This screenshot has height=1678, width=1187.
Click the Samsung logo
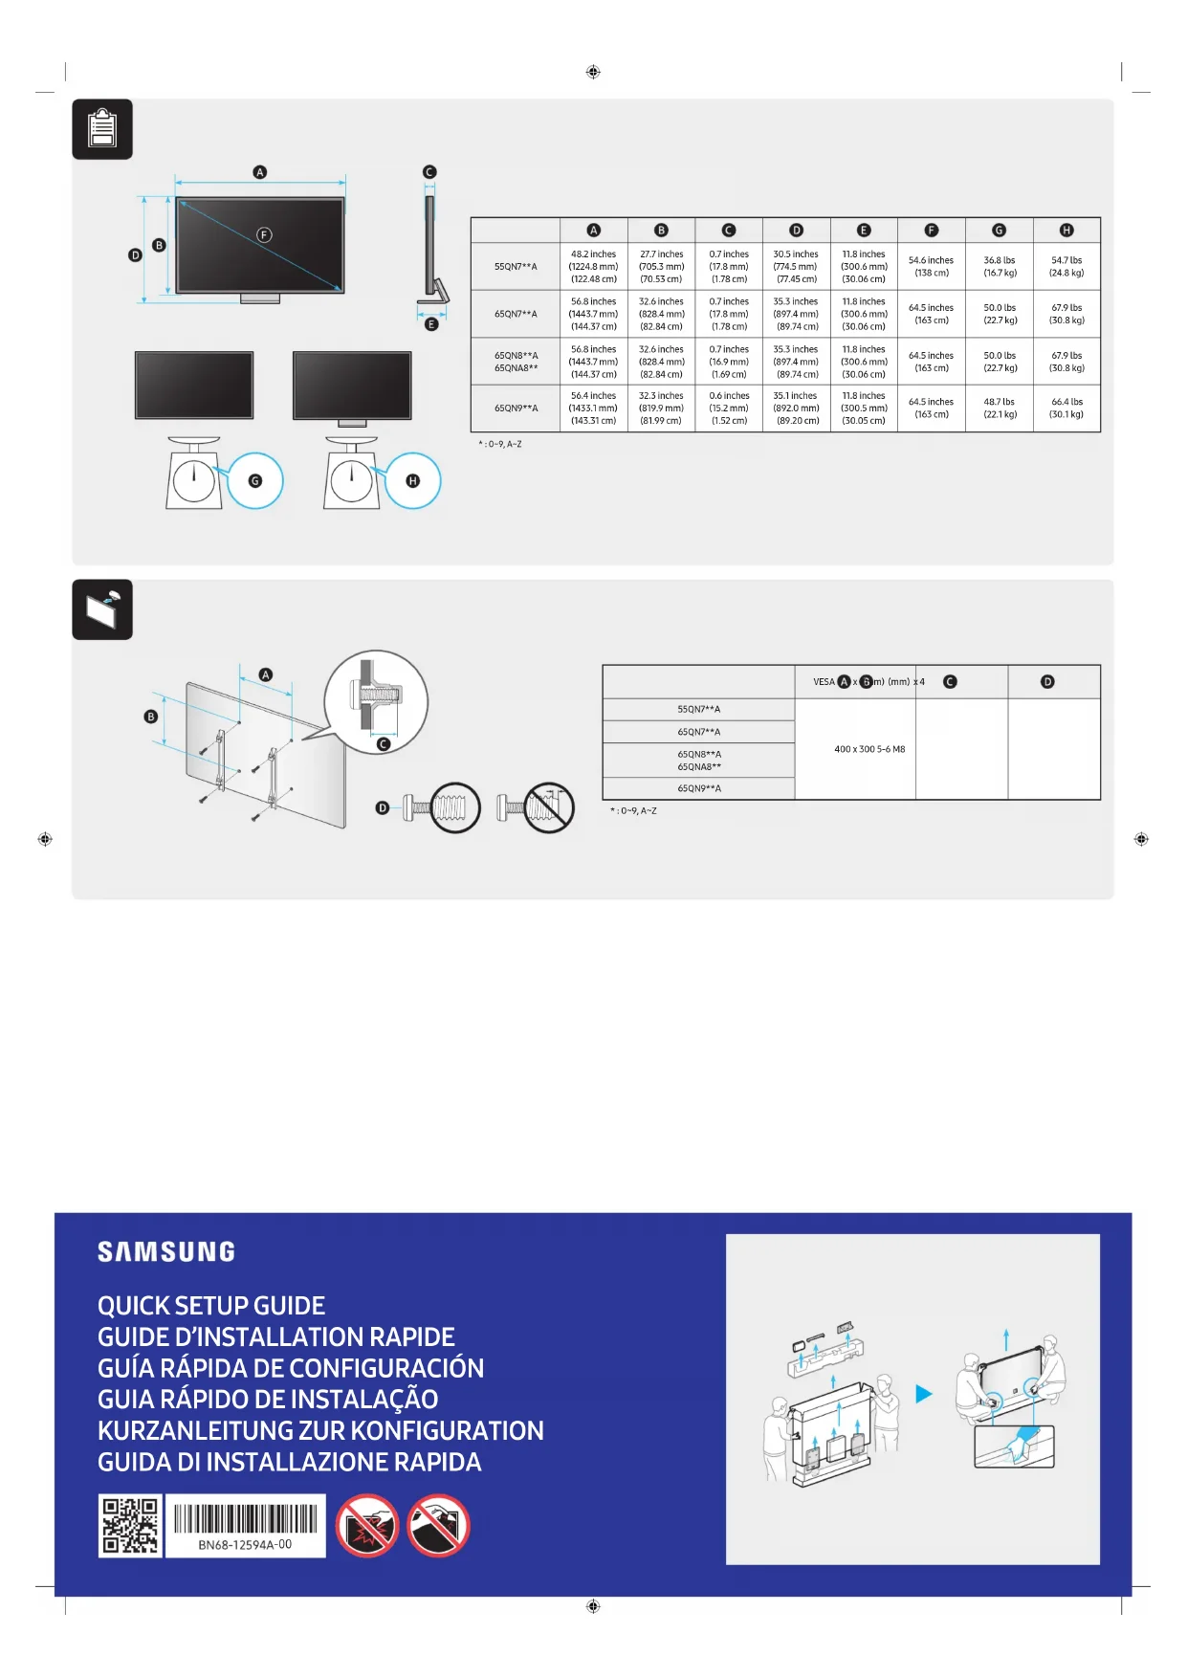point(166,1251)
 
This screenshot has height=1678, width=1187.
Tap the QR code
point(130,1526)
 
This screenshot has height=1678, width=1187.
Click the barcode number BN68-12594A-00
point(245,1544)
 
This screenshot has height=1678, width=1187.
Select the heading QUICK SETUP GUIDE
point(211,1306)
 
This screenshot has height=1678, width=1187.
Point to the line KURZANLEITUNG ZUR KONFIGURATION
point(320,1430)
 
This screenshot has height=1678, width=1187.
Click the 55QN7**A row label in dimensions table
point(516,267)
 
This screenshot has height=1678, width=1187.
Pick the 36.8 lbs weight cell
point(1000,266)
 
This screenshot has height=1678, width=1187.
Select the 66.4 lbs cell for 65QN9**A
point(1066,408)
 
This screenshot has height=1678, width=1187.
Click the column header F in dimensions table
point(932,231)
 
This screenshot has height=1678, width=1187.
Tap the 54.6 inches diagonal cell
point(931,266)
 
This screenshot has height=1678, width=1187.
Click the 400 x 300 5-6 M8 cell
point(869,749)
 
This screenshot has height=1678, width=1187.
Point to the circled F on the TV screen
point(265,235)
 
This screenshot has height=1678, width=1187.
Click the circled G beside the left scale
point(255,481)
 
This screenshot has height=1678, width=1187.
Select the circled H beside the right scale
point(413,481)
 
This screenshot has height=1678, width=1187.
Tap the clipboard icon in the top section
point(102,129)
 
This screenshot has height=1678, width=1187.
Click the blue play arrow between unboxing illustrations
point(923,1394)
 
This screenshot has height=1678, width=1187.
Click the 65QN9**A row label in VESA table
point(699,788)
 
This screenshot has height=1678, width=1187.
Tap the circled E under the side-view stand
point(431,324)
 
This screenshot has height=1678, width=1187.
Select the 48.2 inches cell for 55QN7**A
point(593,267)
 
